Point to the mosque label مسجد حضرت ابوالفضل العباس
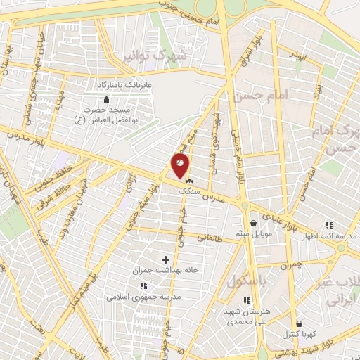105,115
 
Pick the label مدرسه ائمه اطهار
335,236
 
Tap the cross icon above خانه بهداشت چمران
166,260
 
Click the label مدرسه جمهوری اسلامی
140,296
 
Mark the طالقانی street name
212,238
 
